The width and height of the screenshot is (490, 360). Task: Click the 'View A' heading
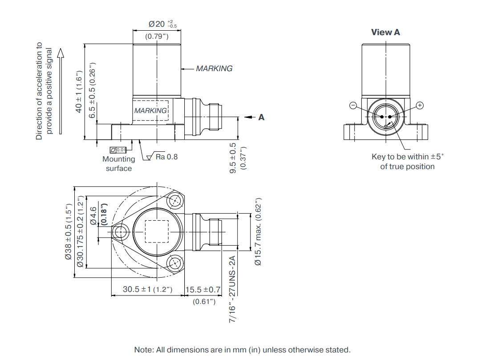coord(385,32)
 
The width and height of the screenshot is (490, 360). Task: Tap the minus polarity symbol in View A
coord(353,105)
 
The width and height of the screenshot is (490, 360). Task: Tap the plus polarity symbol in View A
coord(420,105)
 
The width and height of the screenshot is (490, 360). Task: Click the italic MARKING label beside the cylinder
coord(214,69)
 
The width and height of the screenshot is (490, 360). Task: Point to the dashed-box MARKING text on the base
coord(150,111)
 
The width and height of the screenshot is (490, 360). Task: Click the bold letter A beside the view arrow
coord(261,117)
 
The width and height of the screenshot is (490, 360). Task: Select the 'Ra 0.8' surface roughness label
coord(166,157)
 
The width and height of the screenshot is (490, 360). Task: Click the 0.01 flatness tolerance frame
coord(118,150)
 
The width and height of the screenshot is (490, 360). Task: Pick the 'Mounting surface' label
coord(119,164)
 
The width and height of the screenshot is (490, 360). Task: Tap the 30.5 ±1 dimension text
coord(147,289)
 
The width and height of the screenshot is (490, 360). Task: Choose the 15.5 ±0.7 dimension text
coord(203,290)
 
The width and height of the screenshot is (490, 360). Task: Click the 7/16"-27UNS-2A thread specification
coord(232,289)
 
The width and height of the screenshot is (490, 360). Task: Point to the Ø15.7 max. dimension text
coord(258,231)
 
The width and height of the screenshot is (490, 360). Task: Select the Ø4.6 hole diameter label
coord(93,216)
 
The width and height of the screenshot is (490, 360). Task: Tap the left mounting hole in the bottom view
coord(120,232)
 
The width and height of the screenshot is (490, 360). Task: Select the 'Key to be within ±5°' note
coord(408,157)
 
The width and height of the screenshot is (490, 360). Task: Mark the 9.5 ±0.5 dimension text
coord(233,158)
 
